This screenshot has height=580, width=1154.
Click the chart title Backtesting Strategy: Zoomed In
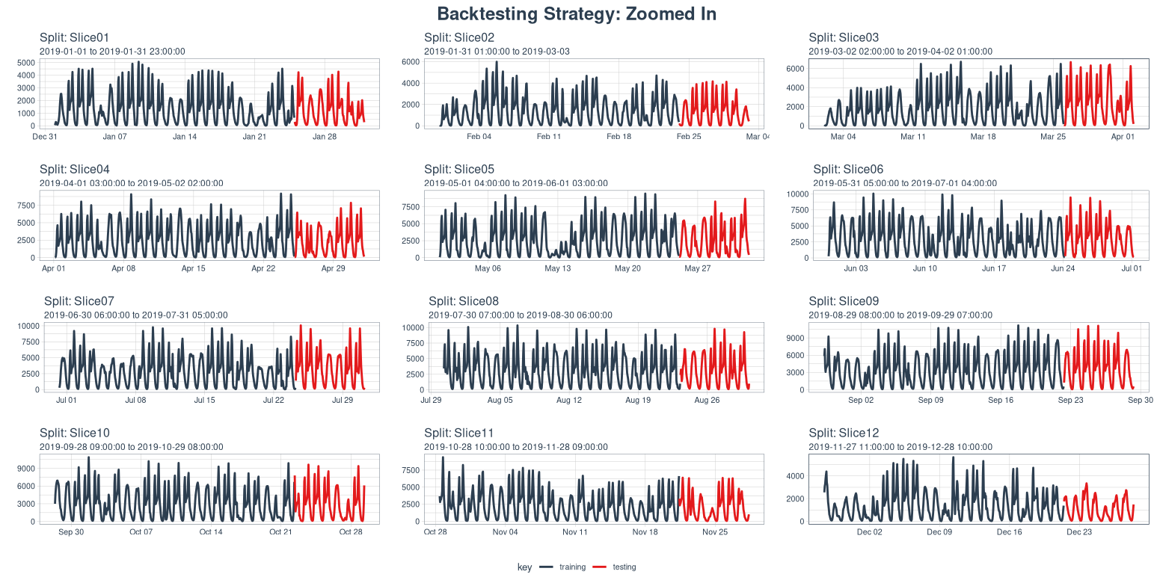[x=577, y=14]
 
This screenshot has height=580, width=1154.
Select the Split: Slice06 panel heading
[x=848, y=170]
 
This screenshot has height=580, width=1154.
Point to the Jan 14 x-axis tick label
[x=185, y=137]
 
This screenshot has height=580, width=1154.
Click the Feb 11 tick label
[x=548, y=137]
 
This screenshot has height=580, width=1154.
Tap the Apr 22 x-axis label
[x=263, y=268]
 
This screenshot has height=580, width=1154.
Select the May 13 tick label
[x=557, y=268]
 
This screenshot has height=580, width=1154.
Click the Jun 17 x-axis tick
[x=994, y=268]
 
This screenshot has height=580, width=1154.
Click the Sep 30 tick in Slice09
[x=1140, y=401]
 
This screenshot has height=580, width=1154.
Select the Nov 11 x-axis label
[x=575, y=532]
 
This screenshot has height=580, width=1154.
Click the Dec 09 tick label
[x=939, y=532]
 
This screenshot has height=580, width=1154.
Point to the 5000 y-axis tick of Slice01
[x=25, y=64]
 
